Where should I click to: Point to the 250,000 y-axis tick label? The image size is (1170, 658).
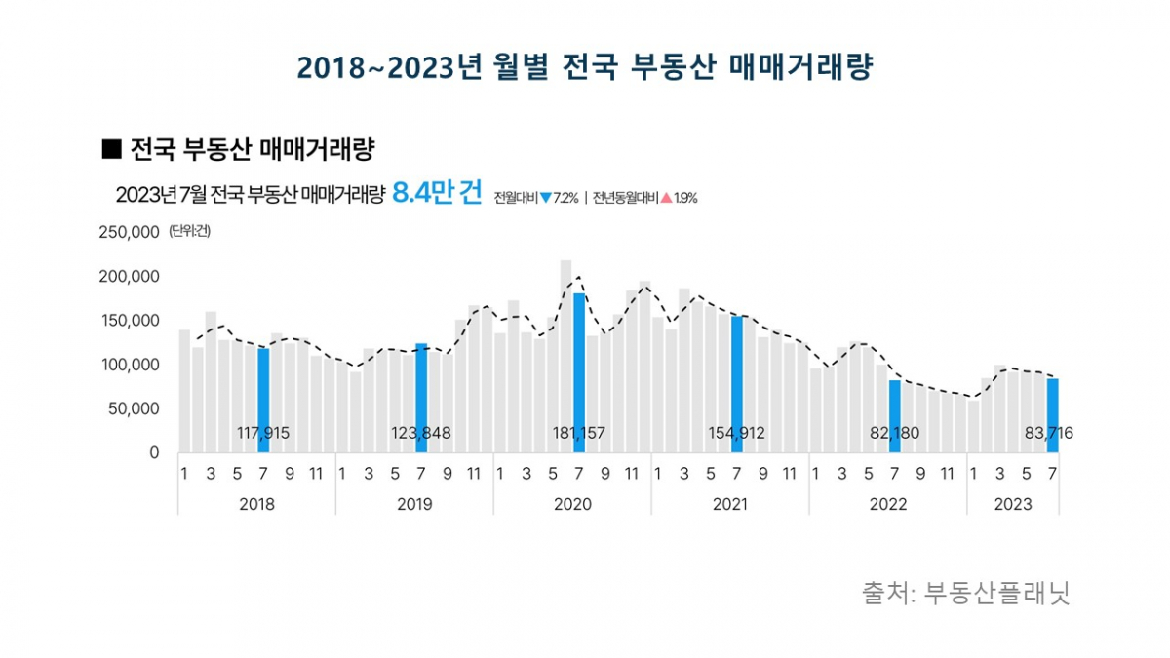pyautogui.click(x=129, y=232)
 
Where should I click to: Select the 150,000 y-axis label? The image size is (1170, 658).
pyautogui.click(x=129, y=321)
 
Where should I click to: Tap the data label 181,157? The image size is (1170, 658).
pyautogui.click(x=579, y=433)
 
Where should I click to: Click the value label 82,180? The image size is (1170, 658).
pyautogui.click(x=895, y=433)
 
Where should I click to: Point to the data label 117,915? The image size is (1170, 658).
pyautogui.click(x=263, y=433)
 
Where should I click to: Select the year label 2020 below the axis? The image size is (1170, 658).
pyautogui.click(x=572, y=504)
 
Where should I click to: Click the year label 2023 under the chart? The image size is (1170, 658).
pyautogui.click(x=1013, y=504)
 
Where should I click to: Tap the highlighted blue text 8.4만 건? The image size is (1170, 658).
pyautogui.click(x=437, y=193)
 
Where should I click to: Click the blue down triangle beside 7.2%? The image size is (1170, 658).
pyautogui.click(x=546, y=198)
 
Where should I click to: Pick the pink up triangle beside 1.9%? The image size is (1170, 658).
pyautogui.click(x=666, y=198)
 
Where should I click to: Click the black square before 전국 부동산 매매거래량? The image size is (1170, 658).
pyautogui.click(x=110, y=150)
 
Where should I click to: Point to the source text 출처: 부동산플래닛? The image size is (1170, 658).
pyautogui.click(x=965, y=593)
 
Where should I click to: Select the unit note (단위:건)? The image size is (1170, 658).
pyautogui.click(x=189, y=231)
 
